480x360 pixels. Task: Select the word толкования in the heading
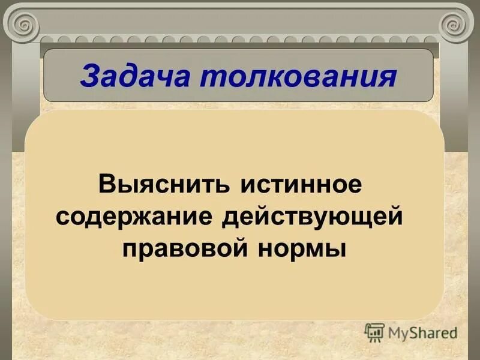coord(293,76)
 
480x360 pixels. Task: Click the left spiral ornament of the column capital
coord(25,26)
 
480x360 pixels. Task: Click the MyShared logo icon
coord(374,332)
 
